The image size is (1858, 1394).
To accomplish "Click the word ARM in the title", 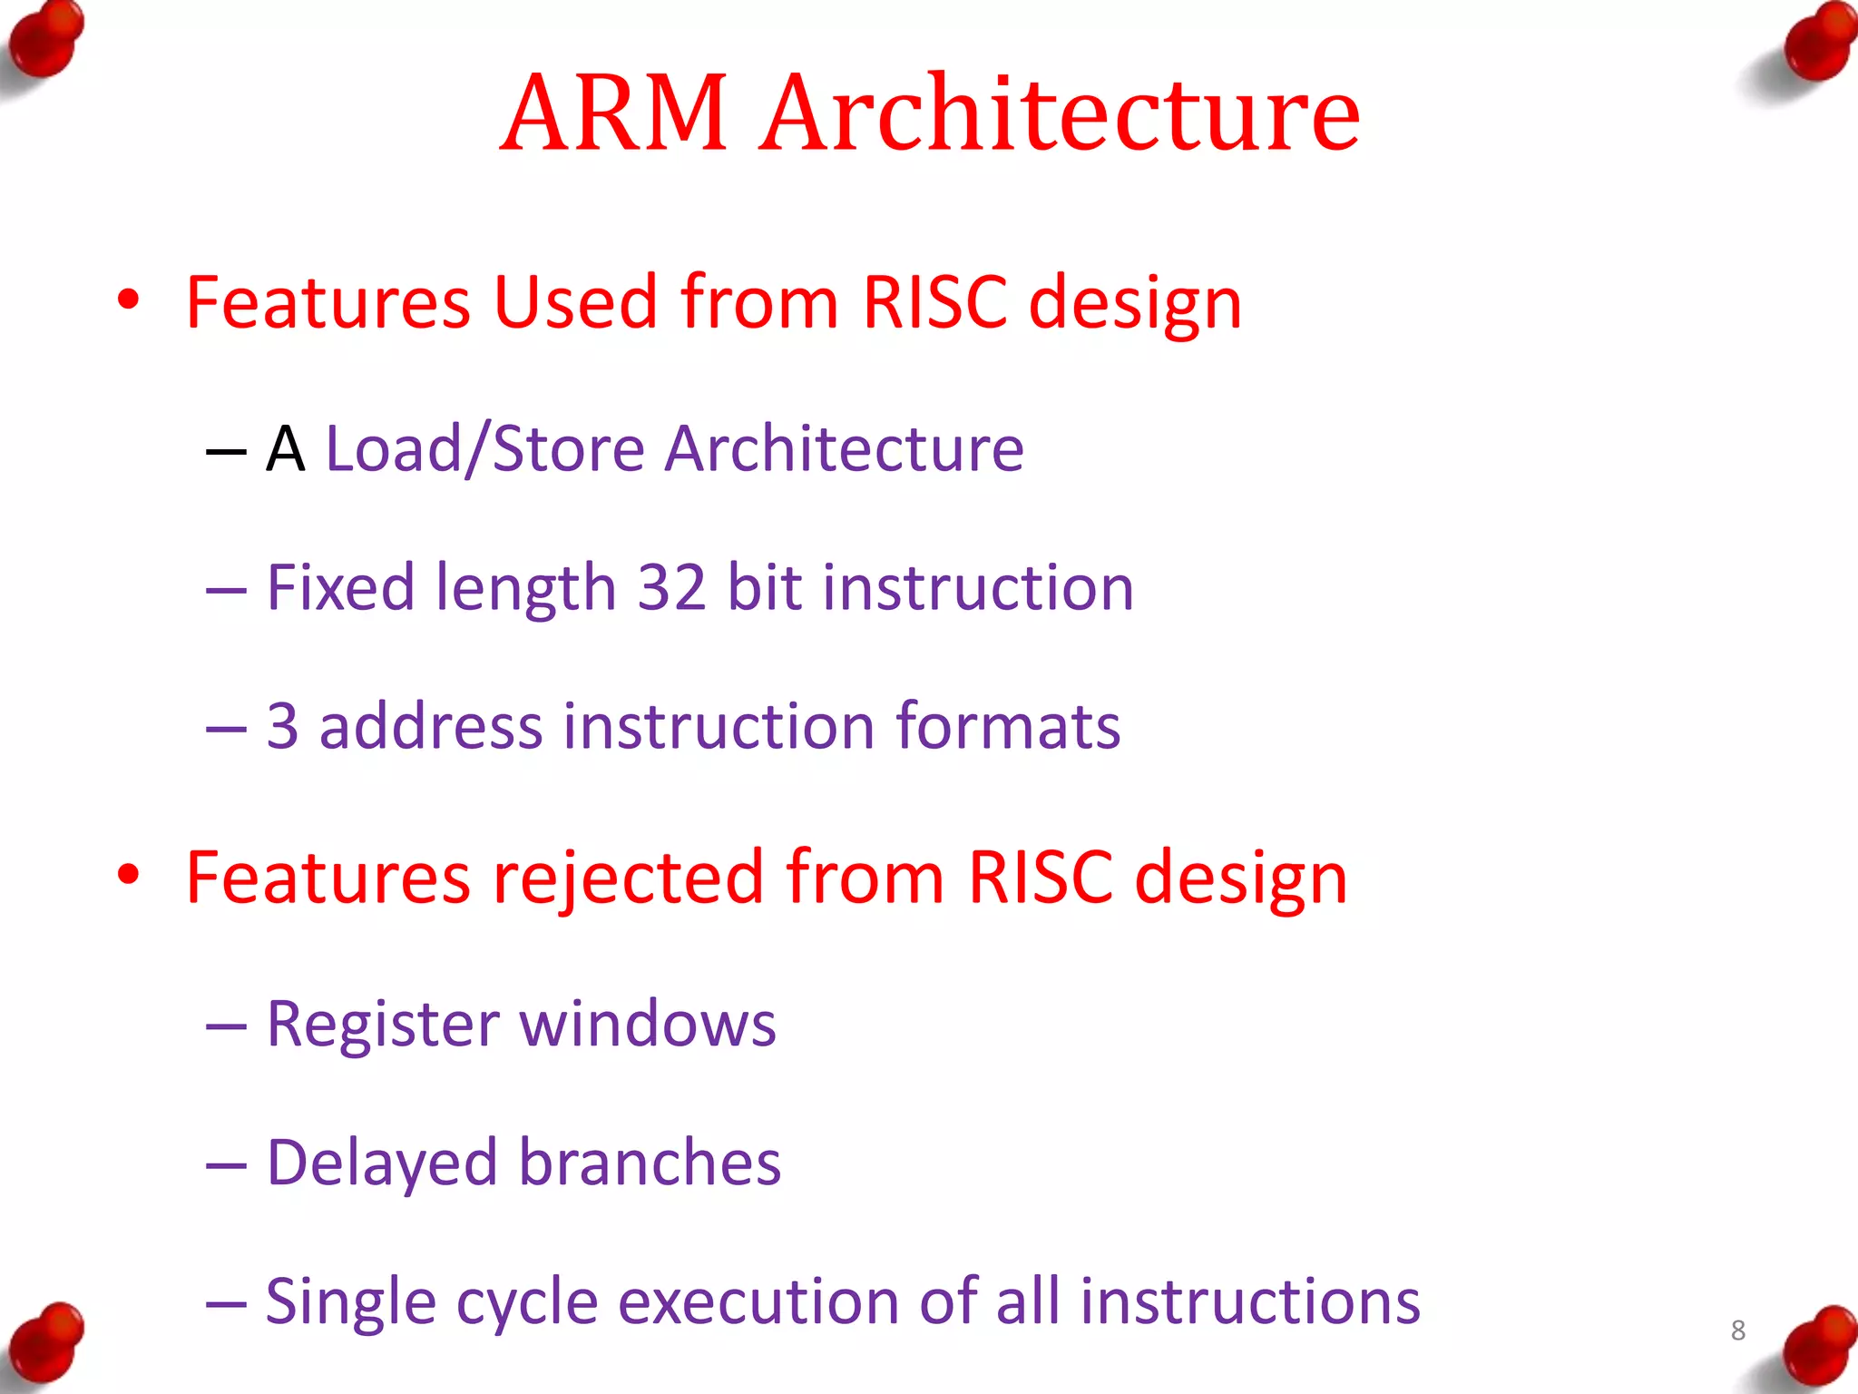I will click(x=614, y=113).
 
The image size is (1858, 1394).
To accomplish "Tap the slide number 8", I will click(x=1737, y=1330).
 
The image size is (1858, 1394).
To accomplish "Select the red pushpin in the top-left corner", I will click(x=45, y=41).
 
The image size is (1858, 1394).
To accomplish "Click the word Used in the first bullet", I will click(x=575, y=301).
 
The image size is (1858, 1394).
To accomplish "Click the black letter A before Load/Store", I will click(x=285, y=449).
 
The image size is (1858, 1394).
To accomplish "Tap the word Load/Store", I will click(x=484, y=449).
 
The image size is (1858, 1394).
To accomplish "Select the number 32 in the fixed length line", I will click(x=671, y=587).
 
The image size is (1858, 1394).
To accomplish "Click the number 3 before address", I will click(x=282, y=726).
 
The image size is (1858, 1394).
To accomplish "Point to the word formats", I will click(x=1008, y=726).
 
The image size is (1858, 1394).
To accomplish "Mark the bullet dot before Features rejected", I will click(x=129, y=874).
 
